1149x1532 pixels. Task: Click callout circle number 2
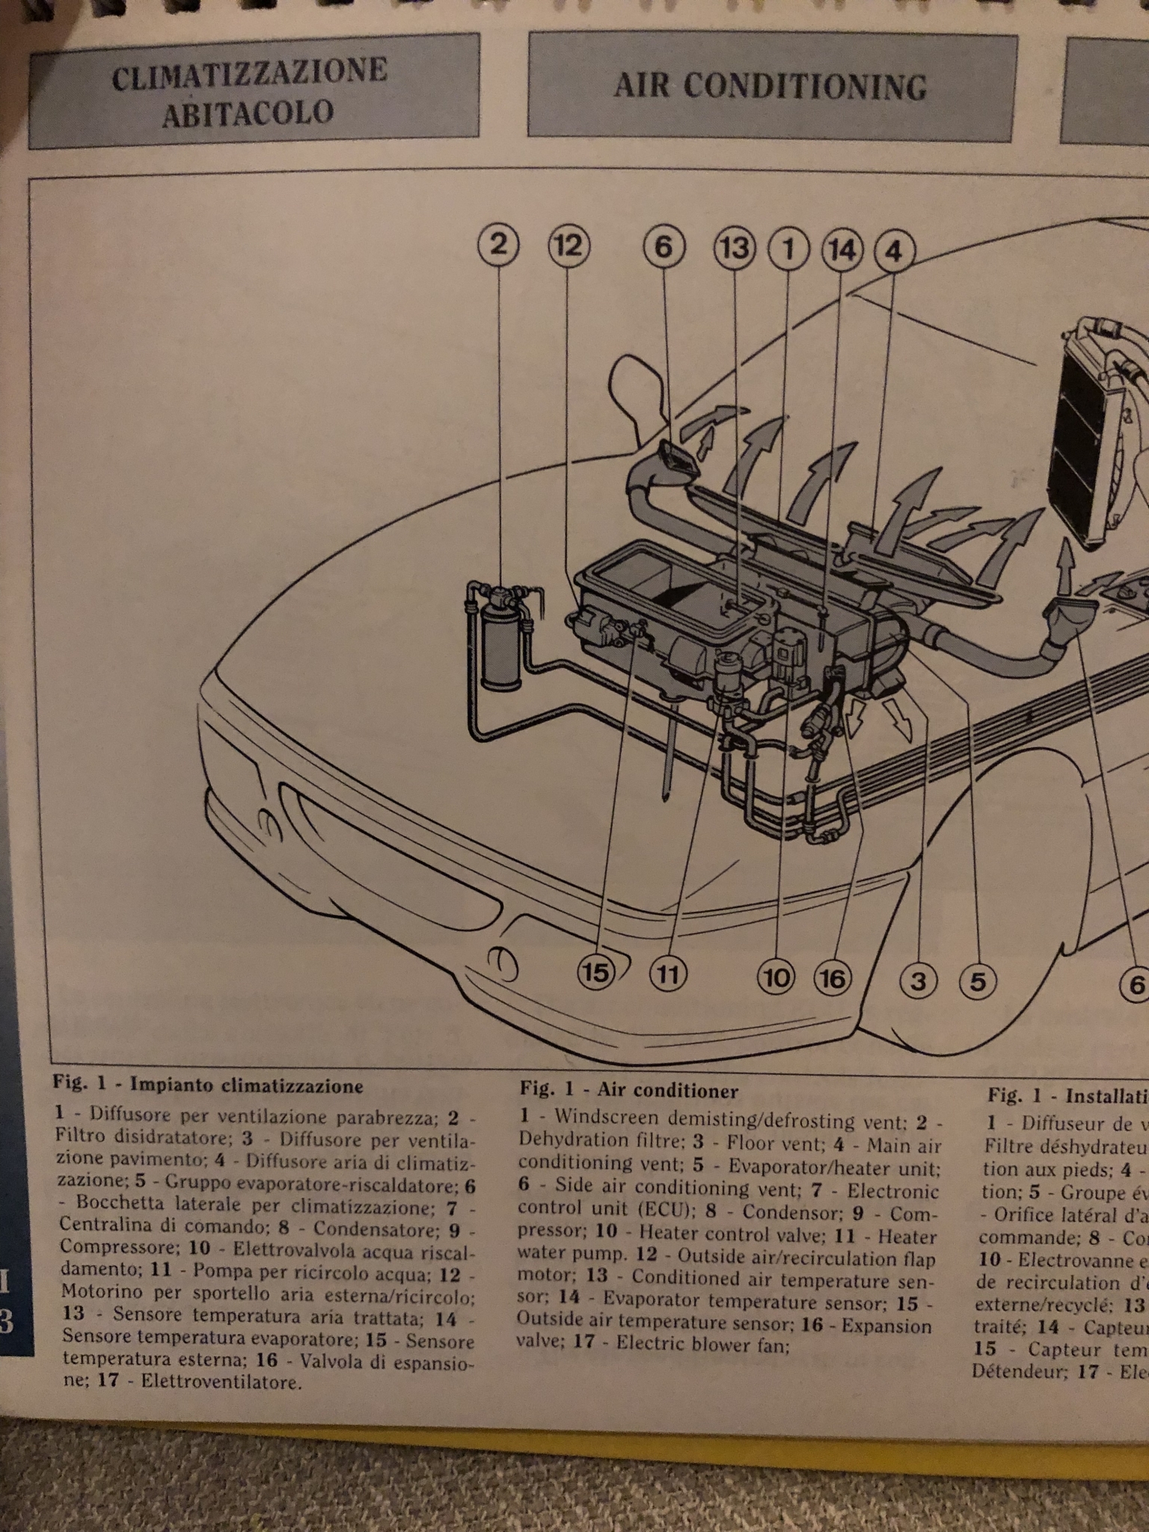[500, 245]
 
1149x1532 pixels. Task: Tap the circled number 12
[569, 245]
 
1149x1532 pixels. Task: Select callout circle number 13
[734, 247]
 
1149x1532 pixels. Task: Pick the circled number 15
[595, 973]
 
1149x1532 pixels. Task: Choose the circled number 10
[776, 977]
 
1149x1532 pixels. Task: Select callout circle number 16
[834, 978]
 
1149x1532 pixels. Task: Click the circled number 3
[918, 981]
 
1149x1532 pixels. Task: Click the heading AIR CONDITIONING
[770, 87]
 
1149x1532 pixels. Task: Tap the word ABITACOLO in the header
[248, 112]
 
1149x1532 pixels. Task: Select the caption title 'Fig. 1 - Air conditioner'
[629, 1091]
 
